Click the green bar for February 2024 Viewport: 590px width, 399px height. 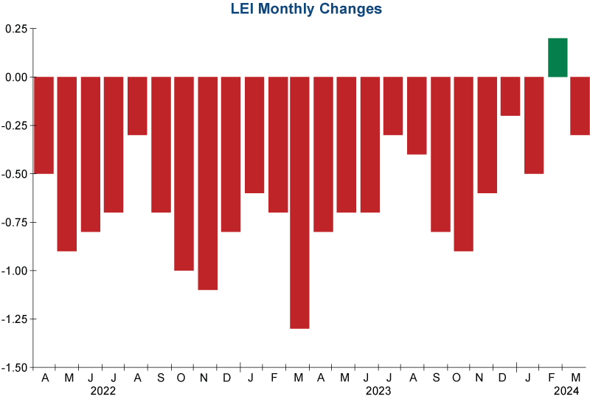(558, 58)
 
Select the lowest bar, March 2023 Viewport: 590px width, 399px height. (299, 202)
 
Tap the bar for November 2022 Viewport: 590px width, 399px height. (208, 183)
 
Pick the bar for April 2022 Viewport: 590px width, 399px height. (44, 125)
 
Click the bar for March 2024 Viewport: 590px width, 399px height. (580, 105)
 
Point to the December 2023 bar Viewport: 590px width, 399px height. (510, 96)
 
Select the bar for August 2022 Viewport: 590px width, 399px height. (137, 105)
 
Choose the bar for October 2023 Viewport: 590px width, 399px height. (463, 164)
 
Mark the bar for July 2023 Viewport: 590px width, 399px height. (393, 105)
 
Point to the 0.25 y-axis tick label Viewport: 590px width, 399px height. (15, 29)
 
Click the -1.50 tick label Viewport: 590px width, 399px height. (14, 367)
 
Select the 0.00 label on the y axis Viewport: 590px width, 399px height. (15, 77)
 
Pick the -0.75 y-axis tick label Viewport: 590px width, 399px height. (14, 222)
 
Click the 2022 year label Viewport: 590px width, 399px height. (103, 391)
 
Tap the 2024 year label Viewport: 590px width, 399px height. (566, 391)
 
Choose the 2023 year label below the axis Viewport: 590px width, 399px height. (378, 391)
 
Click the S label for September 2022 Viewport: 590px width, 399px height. (161, 378)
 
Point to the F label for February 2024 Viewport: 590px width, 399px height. (552, 378)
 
